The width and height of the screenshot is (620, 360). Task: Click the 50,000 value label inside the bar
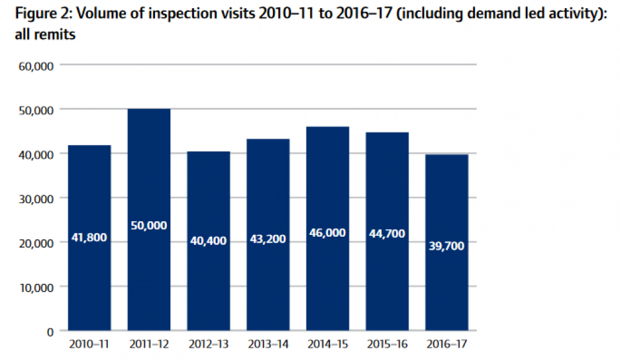[x=149, y=226]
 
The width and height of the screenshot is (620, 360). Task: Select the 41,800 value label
[x=89, y=237]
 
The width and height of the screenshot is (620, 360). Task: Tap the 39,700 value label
[x=446, y=246]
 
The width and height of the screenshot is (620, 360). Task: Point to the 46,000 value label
[x=327, y=233]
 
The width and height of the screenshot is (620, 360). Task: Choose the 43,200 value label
[x=268, y=239]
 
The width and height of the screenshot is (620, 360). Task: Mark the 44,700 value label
[x=387, y=234]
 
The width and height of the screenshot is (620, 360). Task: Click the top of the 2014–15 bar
[x=327, y=127]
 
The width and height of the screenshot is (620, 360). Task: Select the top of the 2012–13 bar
[x=208, y=152]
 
